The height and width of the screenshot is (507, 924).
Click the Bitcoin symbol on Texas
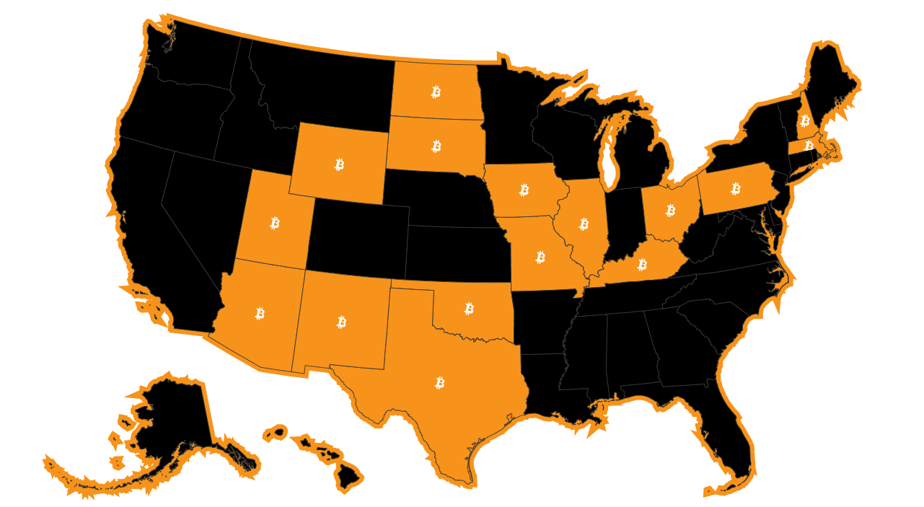click(x=440, y=383)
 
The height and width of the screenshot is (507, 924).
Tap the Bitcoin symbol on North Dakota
click(x=436, y=92)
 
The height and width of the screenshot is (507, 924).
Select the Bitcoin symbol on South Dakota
click(x=436, y=146)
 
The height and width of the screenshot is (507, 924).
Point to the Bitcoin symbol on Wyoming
click(x=339, y=164)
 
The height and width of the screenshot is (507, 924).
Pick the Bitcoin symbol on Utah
click(x=274, y=223)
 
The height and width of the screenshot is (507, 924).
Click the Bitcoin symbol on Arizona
click(x=260, y=313)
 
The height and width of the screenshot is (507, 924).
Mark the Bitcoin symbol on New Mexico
click(x=341, y=322)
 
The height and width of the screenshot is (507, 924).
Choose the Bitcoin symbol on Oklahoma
click(x=469, y=309)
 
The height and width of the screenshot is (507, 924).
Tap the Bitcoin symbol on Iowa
click(x=524, y=190)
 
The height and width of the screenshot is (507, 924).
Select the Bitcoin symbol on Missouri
click(x=540, y=257)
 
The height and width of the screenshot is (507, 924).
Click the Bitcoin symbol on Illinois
click(x=584, y=224)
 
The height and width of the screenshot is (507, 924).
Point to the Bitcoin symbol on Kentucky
click(x=642, y=265)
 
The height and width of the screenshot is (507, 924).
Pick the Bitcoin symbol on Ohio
click(x=670, y=211)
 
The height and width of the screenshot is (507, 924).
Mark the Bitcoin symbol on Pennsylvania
click(x=736, y=189)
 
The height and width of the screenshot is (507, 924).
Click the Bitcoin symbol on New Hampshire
click(x=804, y=120)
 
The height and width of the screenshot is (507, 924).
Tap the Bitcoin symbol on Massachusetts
click(x=809, y=146)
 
